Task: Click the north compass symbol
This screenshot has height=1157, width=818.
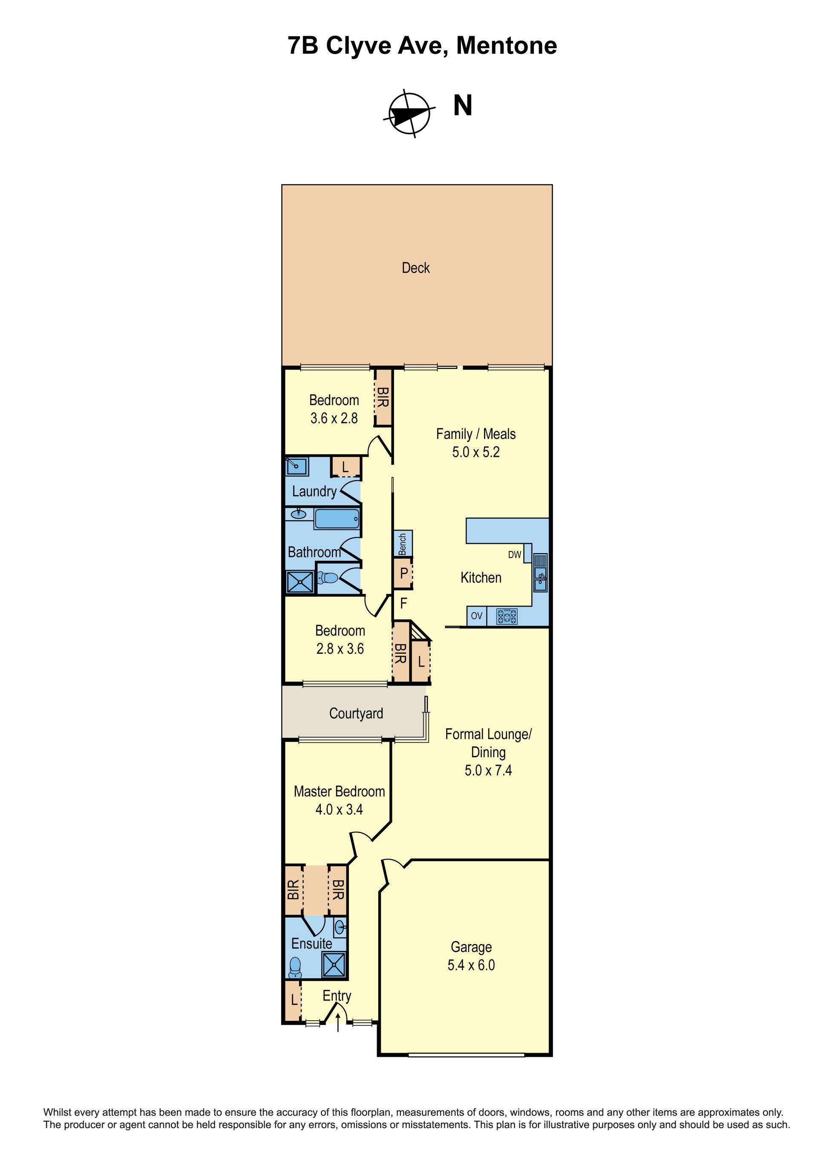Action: (x=409, y=114)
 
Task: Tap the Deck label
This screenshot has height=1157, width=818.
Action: (x=415, y=268)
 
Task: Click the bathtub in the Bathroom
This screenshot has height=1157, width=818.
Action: (x=337, y=519)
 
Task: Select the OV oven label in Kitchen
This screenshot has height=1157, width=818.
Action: (x=476, y=615)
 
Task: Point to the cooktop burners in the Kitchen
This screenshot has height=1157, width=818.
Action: (x=507, y=616)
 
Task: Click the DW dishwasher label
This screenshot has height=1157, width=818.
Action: (x=514, y=554)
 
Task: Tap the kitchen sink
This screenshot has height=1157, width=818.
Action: (x=541, y=573)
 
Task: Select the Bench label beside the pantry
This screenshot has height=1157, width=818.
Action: (x=403, y=544)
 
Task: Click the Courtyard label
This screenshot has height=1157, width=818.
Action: (x=356, y=713)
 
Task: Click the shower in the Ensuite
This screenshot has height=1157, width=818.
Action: (x=334, y=964)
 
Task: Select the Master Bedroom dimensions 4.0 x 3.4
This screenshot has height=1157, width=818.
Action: (x=339, y=809)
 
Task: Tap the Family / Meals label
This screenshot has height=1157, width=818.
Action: (x=475, y=434)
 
